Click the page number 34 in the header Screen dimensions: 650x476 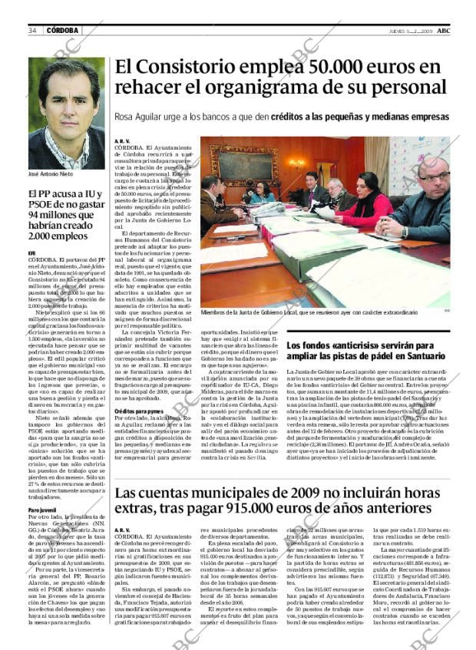tap(32, 31)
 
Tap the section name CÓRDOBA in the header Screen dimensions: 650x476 tap(62, 31)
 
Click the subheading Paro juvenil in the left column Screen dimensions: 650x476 tap(41, 510)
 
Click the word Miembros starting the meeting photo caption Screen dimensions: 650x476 tap(214, 312)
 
